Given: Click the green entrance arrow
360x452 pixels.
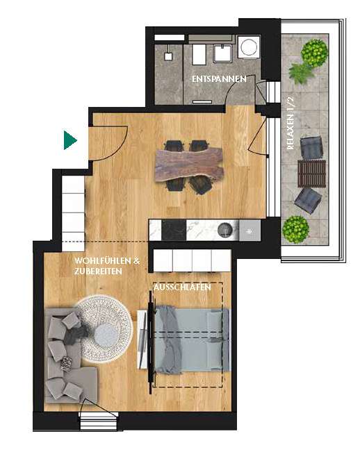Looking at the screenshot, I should click(69, 140).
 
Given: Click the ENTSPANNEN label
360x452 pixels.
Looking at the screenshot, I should click(218, 80).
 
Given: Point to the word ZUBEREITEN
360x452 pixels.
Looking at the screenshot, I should click(99, 271).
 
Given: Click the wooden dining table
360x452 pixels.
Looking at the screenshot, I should click(187, 165).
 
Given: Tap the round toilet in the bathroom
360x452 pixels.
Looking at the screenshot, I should click(247, 47).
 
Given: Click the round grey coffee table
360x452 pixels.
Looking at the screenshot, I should click(107, 336).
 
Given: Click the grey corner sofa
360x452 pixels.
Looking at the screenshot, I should click(66, 361).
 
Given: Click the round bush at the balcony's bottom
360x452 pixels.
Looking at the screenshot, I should click(296, 227).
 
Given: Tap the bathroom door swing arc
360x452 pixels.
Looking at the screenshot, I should click(261, 90).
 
